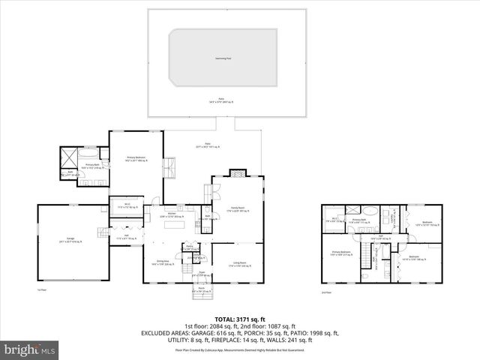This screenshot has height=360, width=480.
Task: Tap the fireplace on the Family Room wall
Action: pyautogui.click(x=236, y=172)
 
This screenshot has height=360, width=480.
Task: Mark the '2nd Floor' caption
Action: pyautogui.click(x=325, y=292)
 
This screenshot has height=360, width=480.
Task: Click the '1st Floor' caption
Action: pyautogui.click(x=42, y=289)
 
